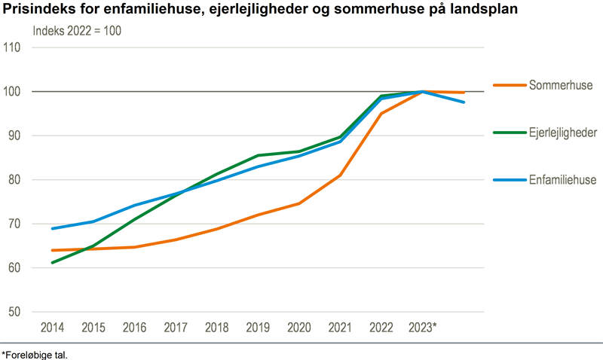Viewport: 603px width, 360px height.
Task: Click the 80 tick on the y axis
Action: coord(14,180)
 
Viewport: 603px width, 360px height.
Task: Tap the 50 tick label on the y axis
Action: coord(14,313)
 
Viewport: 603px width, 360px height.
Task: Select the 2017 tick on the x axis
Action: coord(175,328)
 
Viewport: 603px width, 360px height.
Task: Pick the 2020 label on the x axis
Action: coord(299,328)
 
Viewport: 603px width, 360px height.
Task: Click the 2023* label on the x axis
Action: coord(423,328)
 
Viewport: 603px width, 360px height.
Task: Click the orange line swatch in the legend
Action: coord(509,84)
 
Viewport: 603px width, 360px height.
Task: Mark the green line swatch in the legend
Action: coord(509,133)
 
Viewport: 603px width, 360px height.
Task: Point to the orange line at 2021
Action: coord(340,175)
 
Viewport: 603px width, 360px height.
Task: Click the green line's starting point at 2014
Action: coord(52,263)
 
